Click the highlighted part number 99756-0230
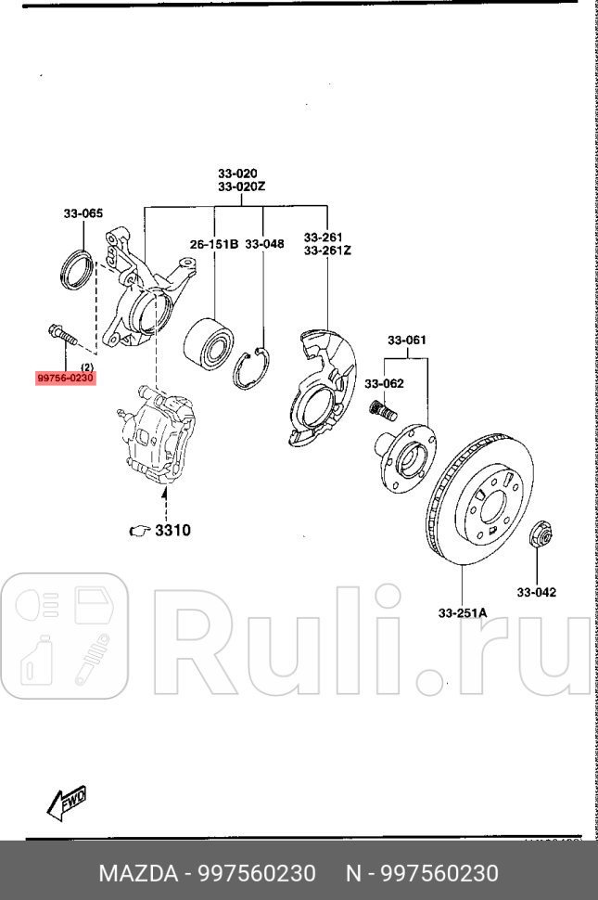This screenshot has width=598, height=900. tap(66, 378)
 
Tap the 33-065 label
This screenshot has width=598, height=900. tap(83, 214)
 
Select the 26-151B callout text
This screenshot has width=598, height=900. tap(214, 244)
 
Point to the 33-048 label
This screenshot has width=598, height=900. tap(266, 244)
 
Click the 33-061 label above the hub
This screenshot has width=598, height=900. tap(408, 340)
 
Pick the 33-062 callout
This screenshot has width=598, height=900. tap(384, 382)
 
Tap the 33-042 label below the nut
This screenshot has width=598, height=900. tap(536, 592)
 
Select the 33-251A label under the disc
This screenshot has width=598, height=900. tap(463, 611)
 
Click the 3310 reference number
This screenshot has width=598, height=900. tap(172, 531)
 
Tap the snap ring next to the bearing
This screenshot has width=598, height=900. tap(255, 369)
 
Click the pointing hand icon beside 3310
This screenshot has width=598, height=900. tap(139, 532)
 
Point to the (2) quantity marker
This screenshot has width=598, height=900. tap(85, 366)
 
